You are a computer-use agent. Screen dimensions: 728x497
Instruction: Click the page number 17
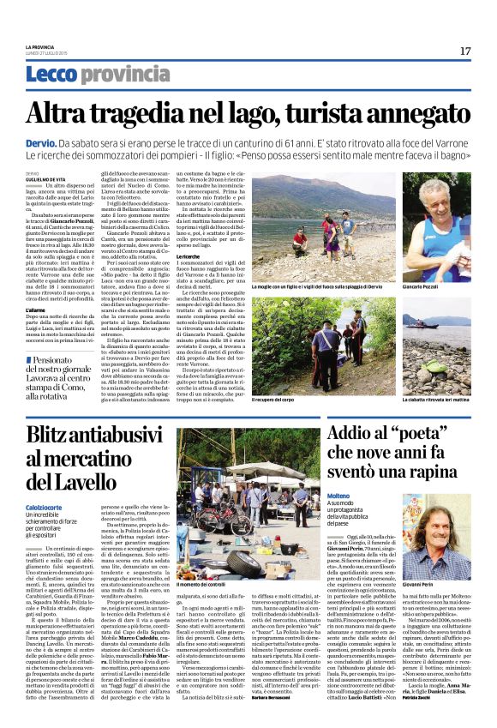click(465, 51)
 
